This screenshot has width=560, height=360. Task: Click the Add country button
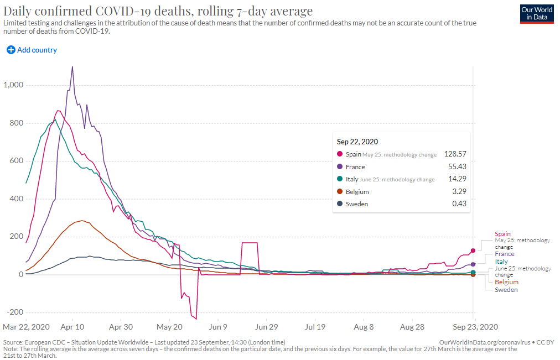(32, 50)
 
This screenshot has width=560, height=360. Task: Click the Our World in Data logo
(537, 14)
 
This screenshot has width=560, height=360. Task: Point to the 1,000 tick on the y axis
(13, 85)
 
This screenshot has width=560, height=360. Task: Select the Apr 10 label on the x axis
(72, 327)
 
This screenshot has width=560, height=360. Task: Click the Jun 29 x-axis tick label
(266, 327)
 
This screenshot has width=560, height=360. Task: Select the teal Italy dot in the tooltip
(339, 179)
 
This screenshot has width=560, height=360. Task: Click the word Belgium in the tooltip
(357, 192)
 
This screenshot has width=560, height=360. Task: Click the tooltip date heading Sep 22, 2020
(357, 142)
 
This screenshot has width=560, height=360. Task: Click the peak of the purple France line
(72, 67)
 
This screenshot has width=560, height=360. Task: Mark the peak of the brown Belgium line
(82, 221)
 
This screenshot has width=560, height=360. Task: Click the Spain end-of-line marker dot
(473, 251)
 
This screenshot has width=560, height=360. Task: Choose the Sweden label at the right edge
(506, 290)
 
